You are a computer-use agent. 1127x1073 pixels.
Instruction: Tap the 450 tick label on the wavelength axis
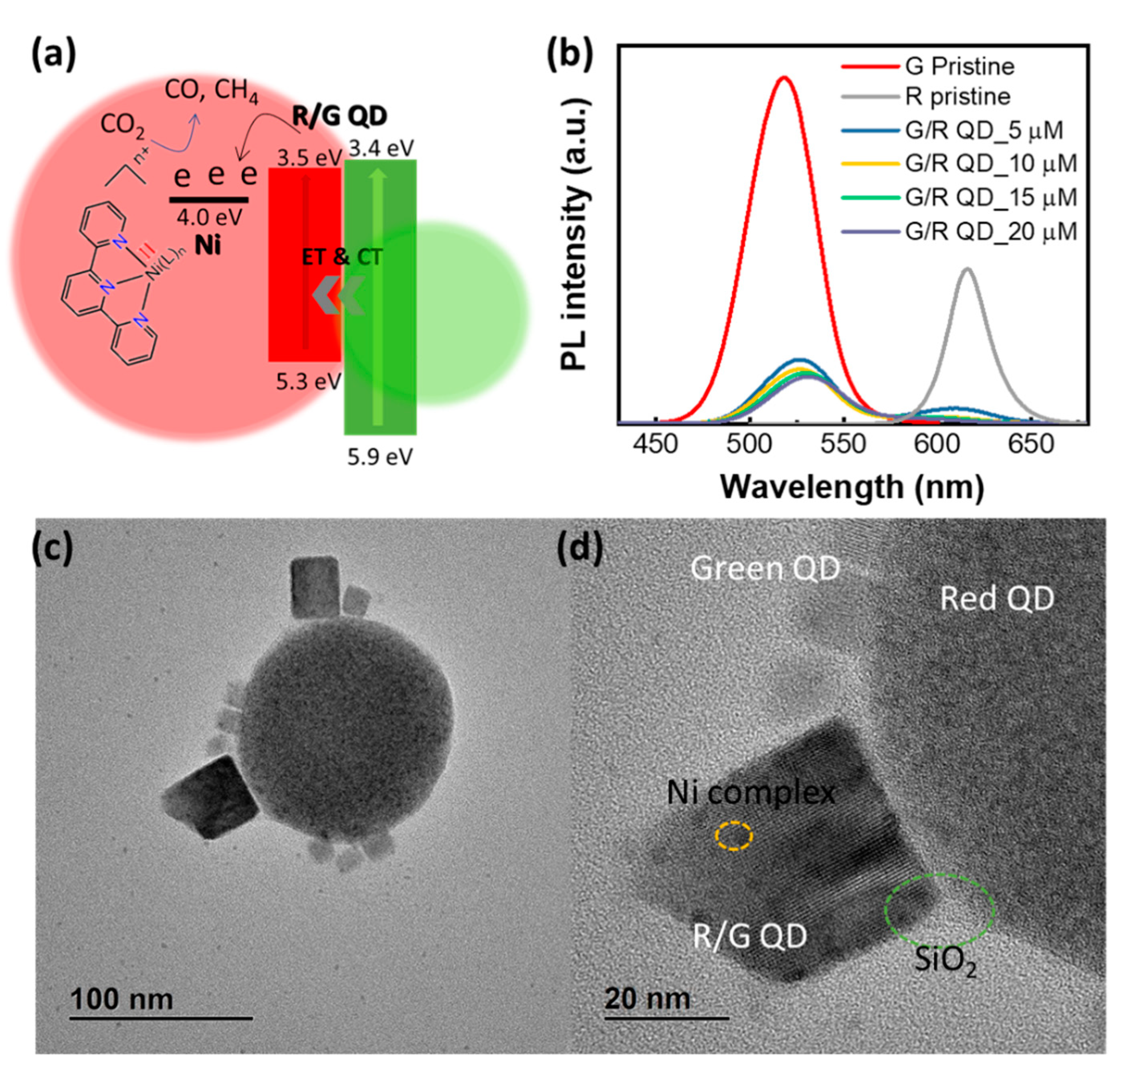click(655, 444)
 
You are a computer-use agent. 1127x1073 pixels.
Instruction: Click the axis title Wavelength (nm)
click(852, 487)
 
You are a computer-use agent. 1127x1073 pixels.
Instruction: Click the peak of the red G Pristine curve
click(784, 78)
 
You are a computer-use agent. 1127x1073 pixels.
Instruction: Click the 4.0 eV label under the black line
click(209, 217)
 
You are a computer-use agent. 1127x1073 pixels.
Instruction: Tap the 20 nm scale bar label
click(647, 998)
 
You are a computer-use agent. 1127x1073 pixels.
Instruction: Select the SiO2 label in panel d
click(945, 960)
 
